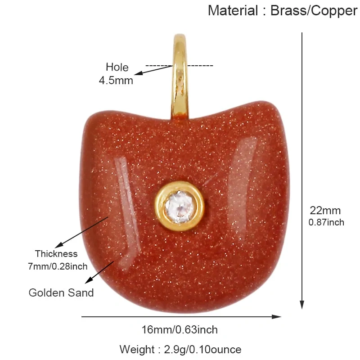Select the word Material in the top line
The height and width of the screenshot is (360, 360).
[x=233, y=10]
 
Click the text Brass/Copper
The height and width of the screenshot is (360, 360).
[x=314, y=11]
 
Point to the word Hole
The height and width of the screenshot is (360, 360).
[x=117, y=67]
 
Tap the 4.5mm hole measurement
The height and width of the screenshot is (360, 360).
[x=116, y=81]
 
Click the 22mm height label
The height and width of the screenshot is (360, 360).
[x=325, y=211]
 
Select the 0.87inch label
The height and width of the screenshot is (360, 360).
[x=326, y=222]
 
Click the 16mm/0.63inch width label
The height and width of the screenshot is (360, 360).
[x=180, y=330]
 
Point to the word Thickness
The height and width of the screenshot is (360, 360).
[x=56, y=254]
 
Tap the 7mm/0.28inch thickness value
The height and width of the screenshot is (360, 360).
[x=58, y=266]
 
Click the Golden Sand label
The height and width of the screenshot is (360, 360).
[x=61, y=293]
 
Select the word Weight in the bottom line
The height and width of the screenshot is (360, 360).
[x=137, y=350]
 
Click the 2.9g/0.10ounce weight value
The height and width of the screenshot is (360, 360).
[x=203, y=350]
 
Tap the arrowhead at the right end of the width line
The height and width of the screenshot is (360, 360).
[x=276, y=317]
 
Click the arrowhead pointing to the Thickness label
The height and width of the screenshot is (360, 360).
[x=59, y=245]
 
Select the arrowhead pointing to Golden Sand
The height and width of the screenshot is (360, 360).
[x=89, y=280]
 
